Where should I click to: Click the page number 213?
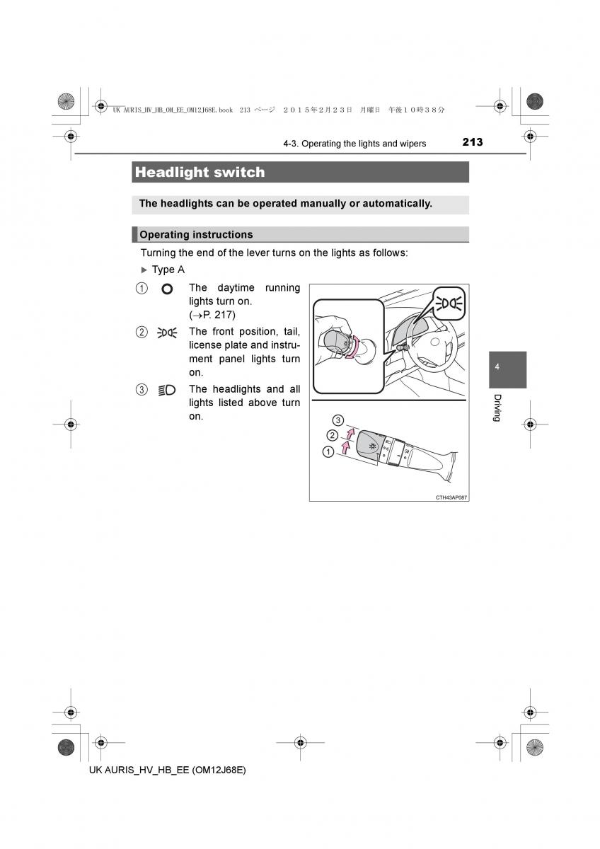(472, 142)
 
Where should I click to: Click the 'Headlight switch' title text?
(200, 172)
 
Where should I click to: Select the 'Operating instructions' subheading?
(196, 235)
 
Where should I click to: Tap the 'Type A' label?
(168, 270)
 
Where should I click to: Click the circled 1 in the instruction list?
(142, 289)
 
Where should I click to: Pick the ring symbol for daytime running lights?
(167, 289)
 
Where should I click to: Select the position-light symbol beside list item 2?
(167, 333)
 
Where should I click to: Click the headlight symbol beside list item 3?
(167, 390)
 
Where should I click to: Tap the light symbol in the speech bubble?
(449, 304)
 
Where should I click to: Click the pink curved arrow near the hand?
(352, 346)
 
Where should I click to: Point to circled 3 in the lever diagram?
(337, 420)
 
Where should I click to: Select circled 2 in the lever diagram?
(332, 435)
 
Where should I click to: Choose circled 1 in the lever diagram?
(328, 452)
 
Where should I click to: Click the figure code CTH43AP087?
(451, 497)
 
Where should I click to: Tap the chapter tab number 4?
(497, 367)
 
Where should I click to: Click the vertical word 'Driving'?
(497, 408)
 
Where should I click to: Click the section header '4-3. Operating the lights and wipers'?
(354, 144)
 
